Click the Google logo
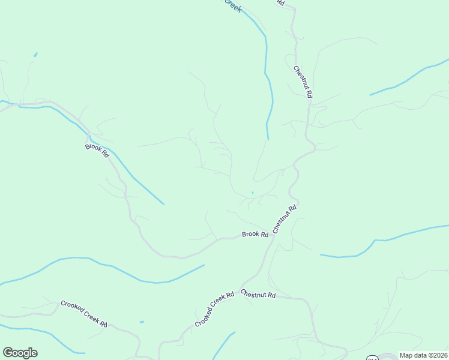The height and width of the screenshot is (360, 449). point(20,353)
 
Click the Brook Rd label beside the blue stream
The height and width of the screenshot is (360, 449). point(97,151)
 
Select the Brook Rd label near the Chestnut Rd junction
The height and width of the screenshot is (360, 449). point(255,234)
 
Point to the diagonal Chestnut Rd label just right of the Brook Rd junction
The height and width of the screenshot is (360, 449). point(285,220)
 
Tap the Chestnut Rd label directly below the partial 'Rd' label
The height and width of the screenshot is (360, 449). point(303,82)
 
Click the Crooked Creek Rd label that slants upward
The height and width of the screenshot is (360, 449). point(214,310)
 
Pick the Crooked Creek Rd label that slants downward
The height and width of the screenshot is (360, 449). point(84,313)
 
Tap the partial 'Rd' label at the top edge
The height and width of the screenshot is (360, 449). point(280,2)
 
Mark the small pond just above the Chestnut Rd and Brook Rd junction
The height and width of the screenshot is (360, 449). point(252,193)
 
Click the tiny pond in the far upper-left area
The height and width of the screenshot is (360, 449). point(35,55)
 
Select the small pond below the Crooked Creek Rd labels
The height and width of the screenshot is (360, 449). point(142,322)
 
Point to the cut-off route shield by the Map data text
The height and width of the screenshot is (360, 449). point(372,358)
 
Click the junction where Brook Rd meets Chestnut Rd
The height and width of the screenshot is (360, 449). point(273,235)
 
